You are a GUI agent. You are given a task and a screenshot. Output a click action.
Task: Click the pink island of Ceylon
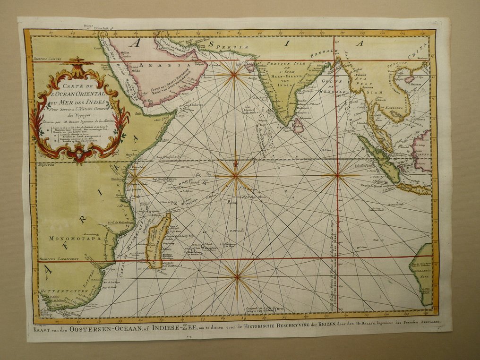(x=299, y=125)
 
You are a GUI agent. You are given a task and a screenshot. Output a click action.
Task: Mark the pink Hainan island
(x=409, y=81)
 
